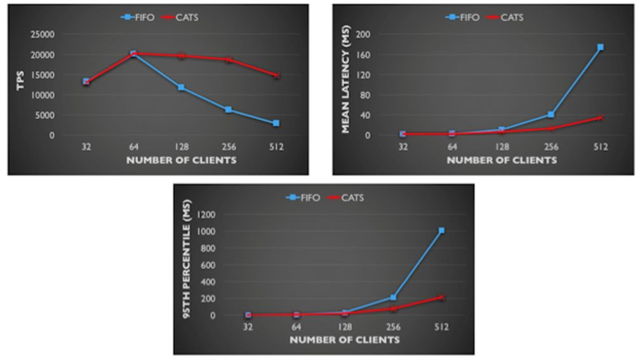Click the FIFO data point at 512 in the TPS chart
[x=276, y=123]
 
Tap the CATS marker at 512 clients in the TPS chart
[x=276, y=75]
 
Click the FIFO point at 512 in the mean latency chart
[x=600, y=47]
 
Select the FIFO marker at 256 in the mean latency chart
[x=551, y=115]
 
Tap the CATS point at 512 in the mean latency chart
[x=600, y=118]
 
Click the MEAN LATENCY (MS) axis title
[x=346, y=84]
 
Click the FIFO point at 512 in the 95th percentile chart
[x=441, y=230]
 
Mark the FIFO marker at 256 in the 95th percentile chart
[x=393, y=297]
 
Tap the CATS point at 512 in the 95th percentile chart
[x=441, y=297]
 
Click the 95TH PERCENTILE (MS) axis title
[x=187, y=264]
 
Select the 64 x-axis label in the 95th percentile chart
[x=297, y=328]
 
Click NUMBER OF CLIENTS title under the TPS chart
[x=181, y=161]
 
